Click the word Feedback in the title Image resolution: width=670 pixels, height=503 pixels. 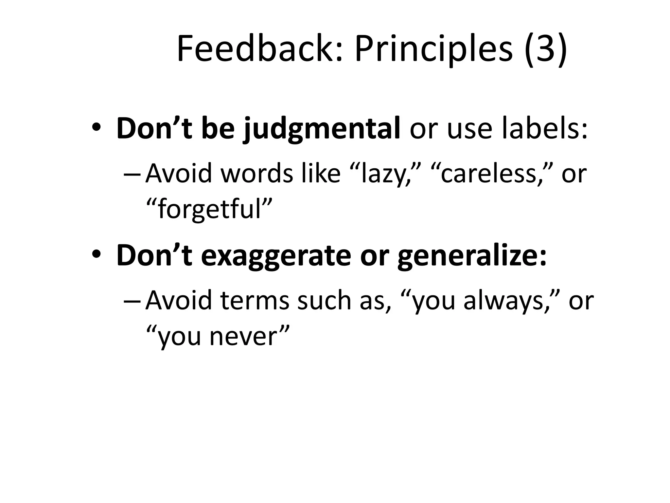(260, 49)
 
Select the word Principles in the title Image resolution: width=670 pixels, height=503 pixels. (434, 49)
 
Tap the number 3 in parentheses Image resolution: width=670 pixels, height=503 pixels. (545, 49)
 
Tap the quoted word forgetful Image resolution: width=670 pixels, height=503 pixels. (209, 210)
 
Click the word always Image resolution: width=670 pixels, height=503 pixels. (502, 301)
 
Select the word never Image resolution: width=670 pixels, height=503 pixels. (243, 337)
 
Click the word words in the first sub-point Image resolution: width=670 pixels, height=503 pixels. (257, 174)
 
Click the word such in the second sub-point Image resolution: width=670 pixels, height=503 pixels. (324, 301)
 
